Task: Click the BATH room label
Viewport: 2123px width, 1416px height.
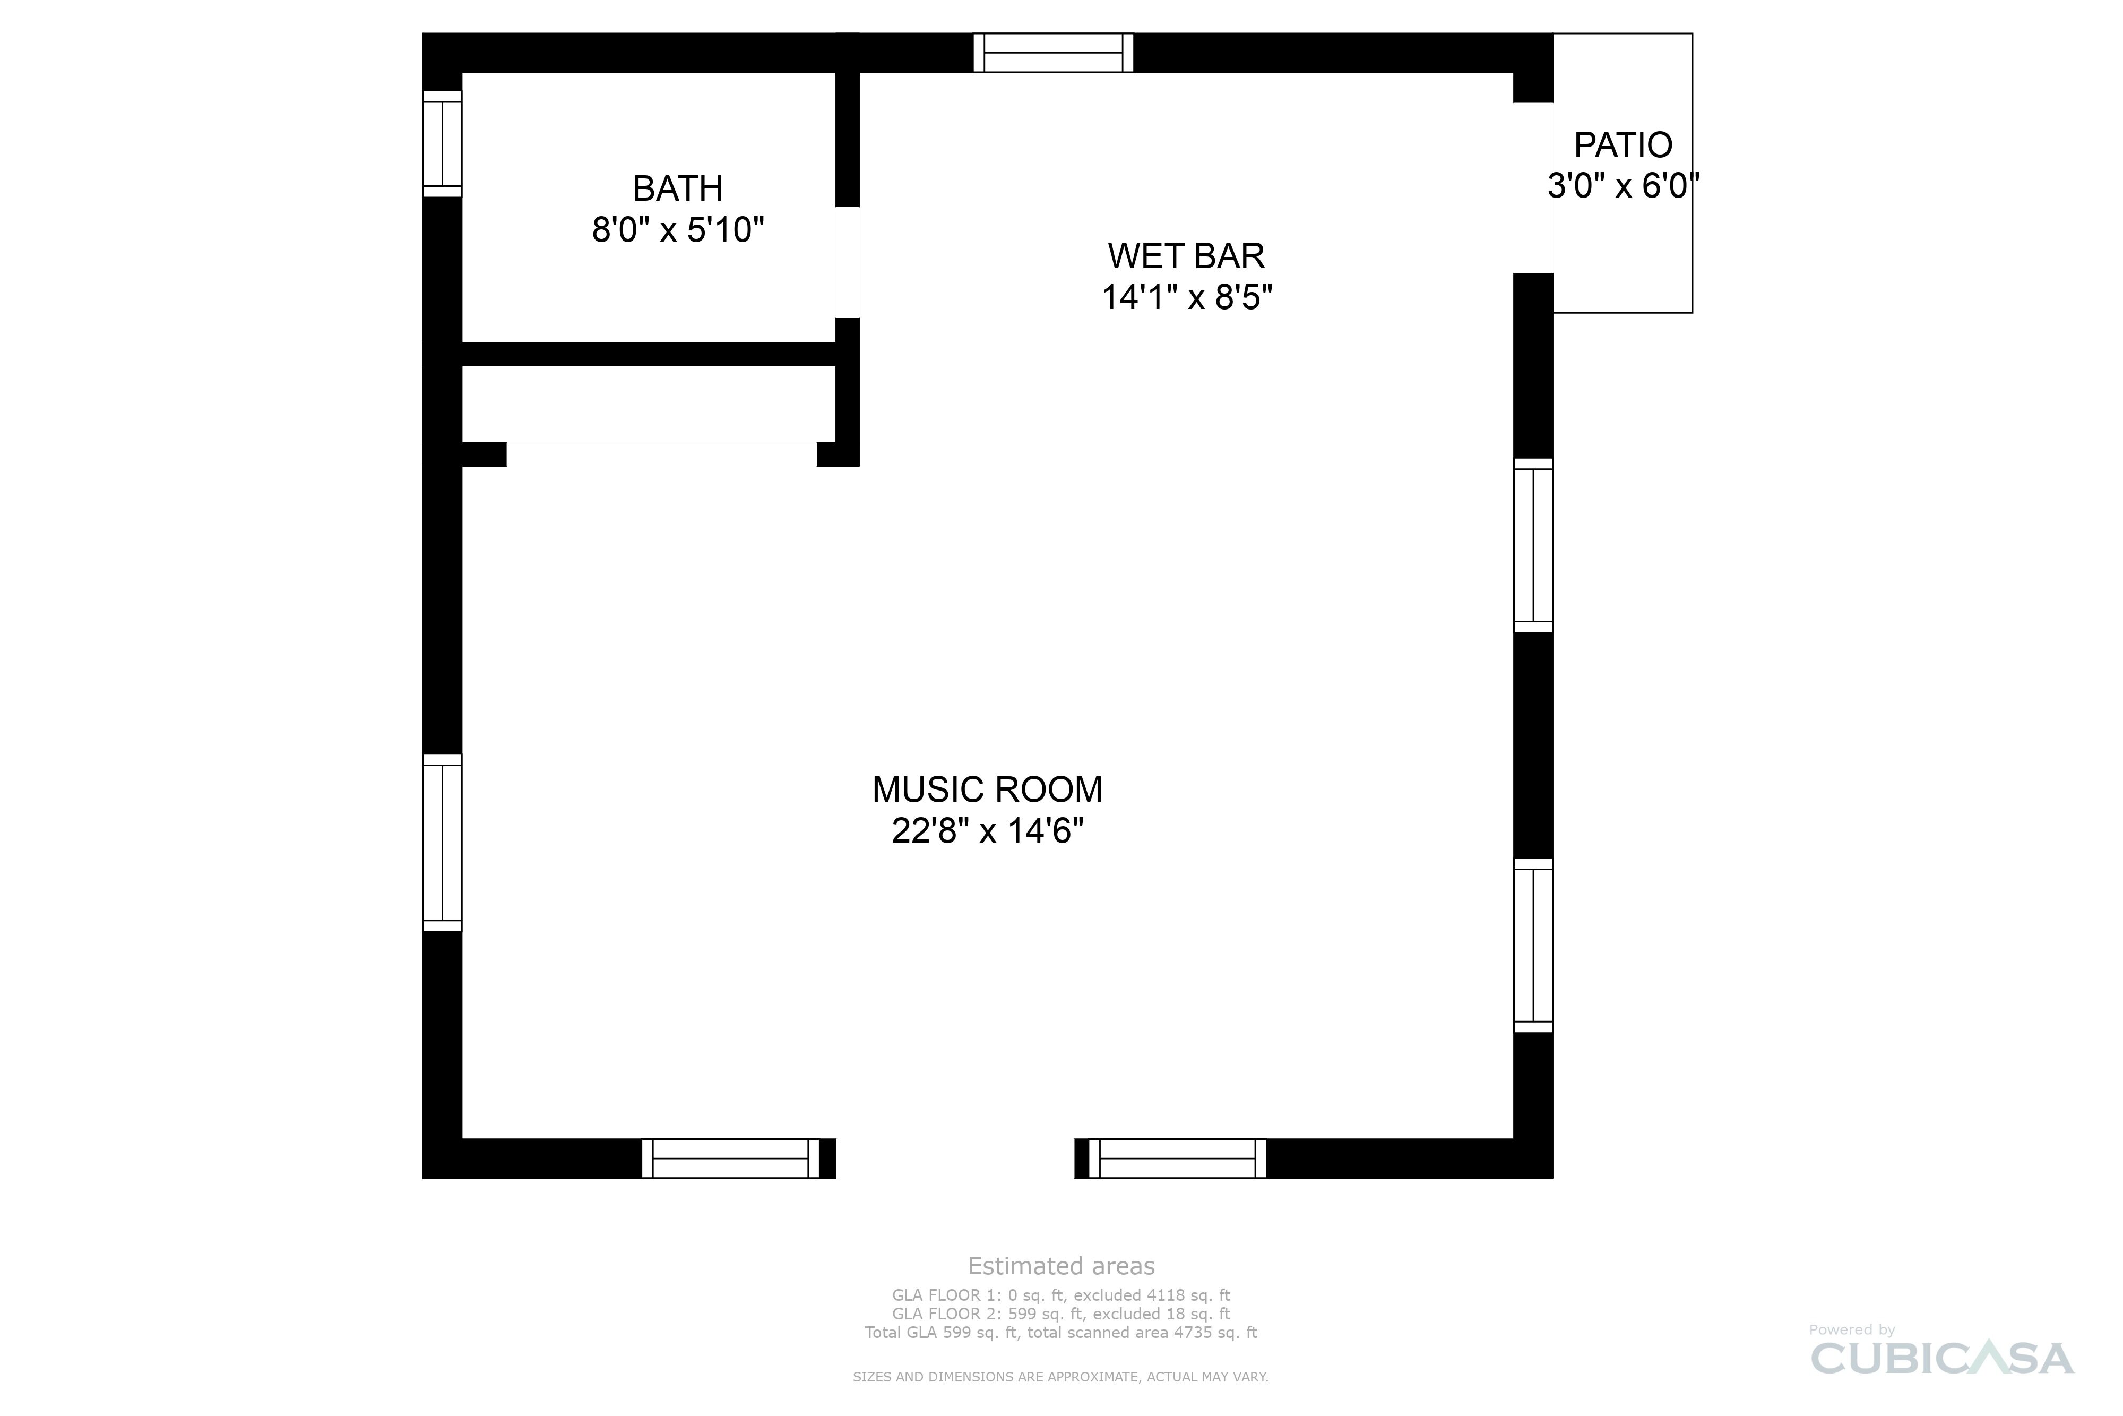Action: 677,188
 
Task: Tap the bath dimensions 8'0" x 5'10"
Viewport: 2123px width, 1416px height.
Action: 677,230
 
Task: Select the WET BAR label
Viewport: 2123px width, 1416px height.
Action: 1186,256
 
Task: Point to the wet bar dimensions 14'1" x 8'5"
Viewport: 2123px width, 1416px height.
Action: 1186,297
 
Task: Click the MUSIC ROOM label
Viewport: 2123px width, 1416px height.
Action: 987,790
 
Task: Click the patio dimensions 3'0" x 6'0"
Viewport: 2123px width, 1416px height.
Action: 1622,186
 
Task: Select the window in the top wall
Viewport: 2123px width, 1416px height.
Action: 1052,53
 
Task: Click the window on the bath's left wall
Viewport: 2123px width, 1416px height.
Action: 442,143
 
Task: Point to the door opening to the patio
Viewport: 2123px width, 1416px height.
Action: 1533,188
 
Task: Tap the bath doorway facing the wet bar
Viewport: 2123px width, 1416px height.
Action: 847,263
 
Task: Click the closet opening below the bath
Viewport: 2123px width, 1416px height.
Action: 661,454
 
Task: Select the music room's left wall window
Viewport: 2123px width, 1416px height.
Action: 442,843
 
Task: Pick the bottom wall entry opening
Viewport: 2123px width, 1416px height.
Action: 954,1158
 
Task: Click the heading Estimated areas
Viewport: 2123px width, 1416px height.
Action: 1060,1266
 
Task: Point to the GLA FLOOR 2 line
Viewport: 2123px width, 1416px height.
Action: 1060,1314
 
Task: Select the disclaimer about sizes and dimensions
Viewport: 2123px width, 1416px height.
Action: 1060,1377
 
